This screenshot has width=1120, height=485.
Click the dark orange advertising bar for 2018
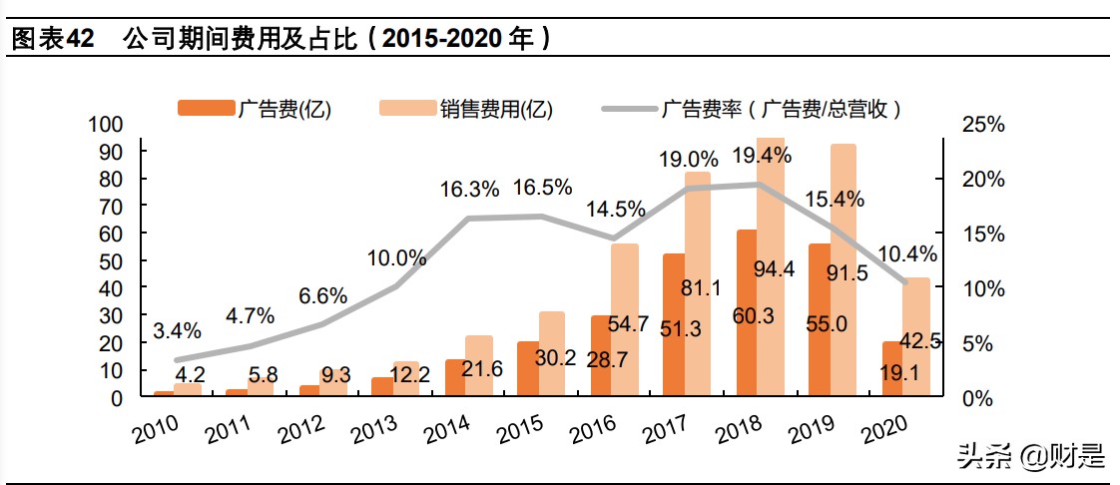[747, 314]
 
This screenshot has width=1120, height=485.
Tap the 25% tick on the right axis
[982, 125]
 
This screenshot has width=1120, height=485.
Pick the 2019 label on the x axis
[812, 429]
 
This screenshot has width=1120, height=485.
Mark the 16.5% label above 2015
[542, 188]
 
